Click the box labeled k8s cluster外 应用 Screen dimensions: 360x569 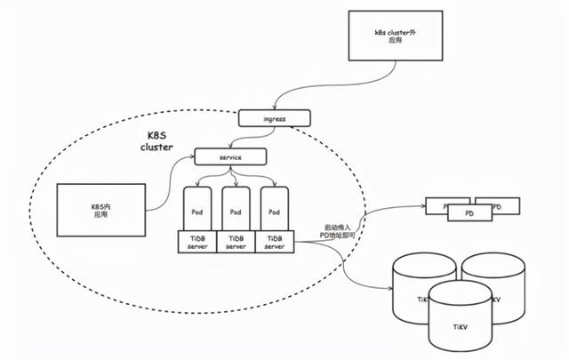(392, 36)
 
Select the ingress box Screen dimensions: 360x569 (275, 117)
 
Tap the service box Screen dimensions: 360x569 (230, 157)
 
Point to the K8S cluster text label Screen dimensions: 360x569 (162, 142)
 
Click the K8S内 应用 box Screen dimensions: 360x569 (100, 211)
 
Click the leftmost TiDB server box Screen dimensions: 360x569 (196, 242)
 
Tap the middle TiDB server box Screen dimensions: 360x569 (236, 242)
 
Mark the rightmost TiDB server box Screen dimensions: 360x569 (275, 242)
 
